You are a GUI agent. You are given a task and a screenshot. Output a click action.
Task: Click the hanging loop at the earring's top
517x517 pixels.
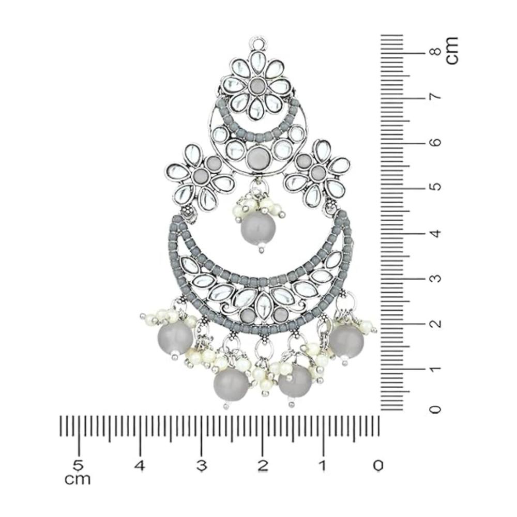pos(259,42)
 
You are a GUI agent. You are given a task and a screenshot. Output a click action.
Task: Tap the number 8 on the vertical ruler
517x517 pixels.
pos(436,53)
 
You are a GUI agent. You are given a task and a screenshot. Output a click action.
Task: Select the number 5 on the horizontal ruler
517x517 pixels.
pos(79,466)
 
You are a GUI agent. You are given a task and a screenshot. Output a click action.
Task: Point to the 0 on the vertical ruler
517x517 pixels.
pos(435,409)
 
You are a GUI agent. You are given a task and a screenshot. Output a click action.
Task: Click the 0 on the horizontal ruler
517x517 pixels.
pos(378,466)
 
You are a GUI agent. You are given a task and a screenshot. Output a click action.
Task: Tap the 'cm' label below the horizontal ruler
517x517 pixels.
pos(78,479)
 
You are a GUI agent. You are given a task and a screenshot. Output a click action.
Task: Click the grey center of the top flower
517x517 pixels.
pos(256,86)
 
